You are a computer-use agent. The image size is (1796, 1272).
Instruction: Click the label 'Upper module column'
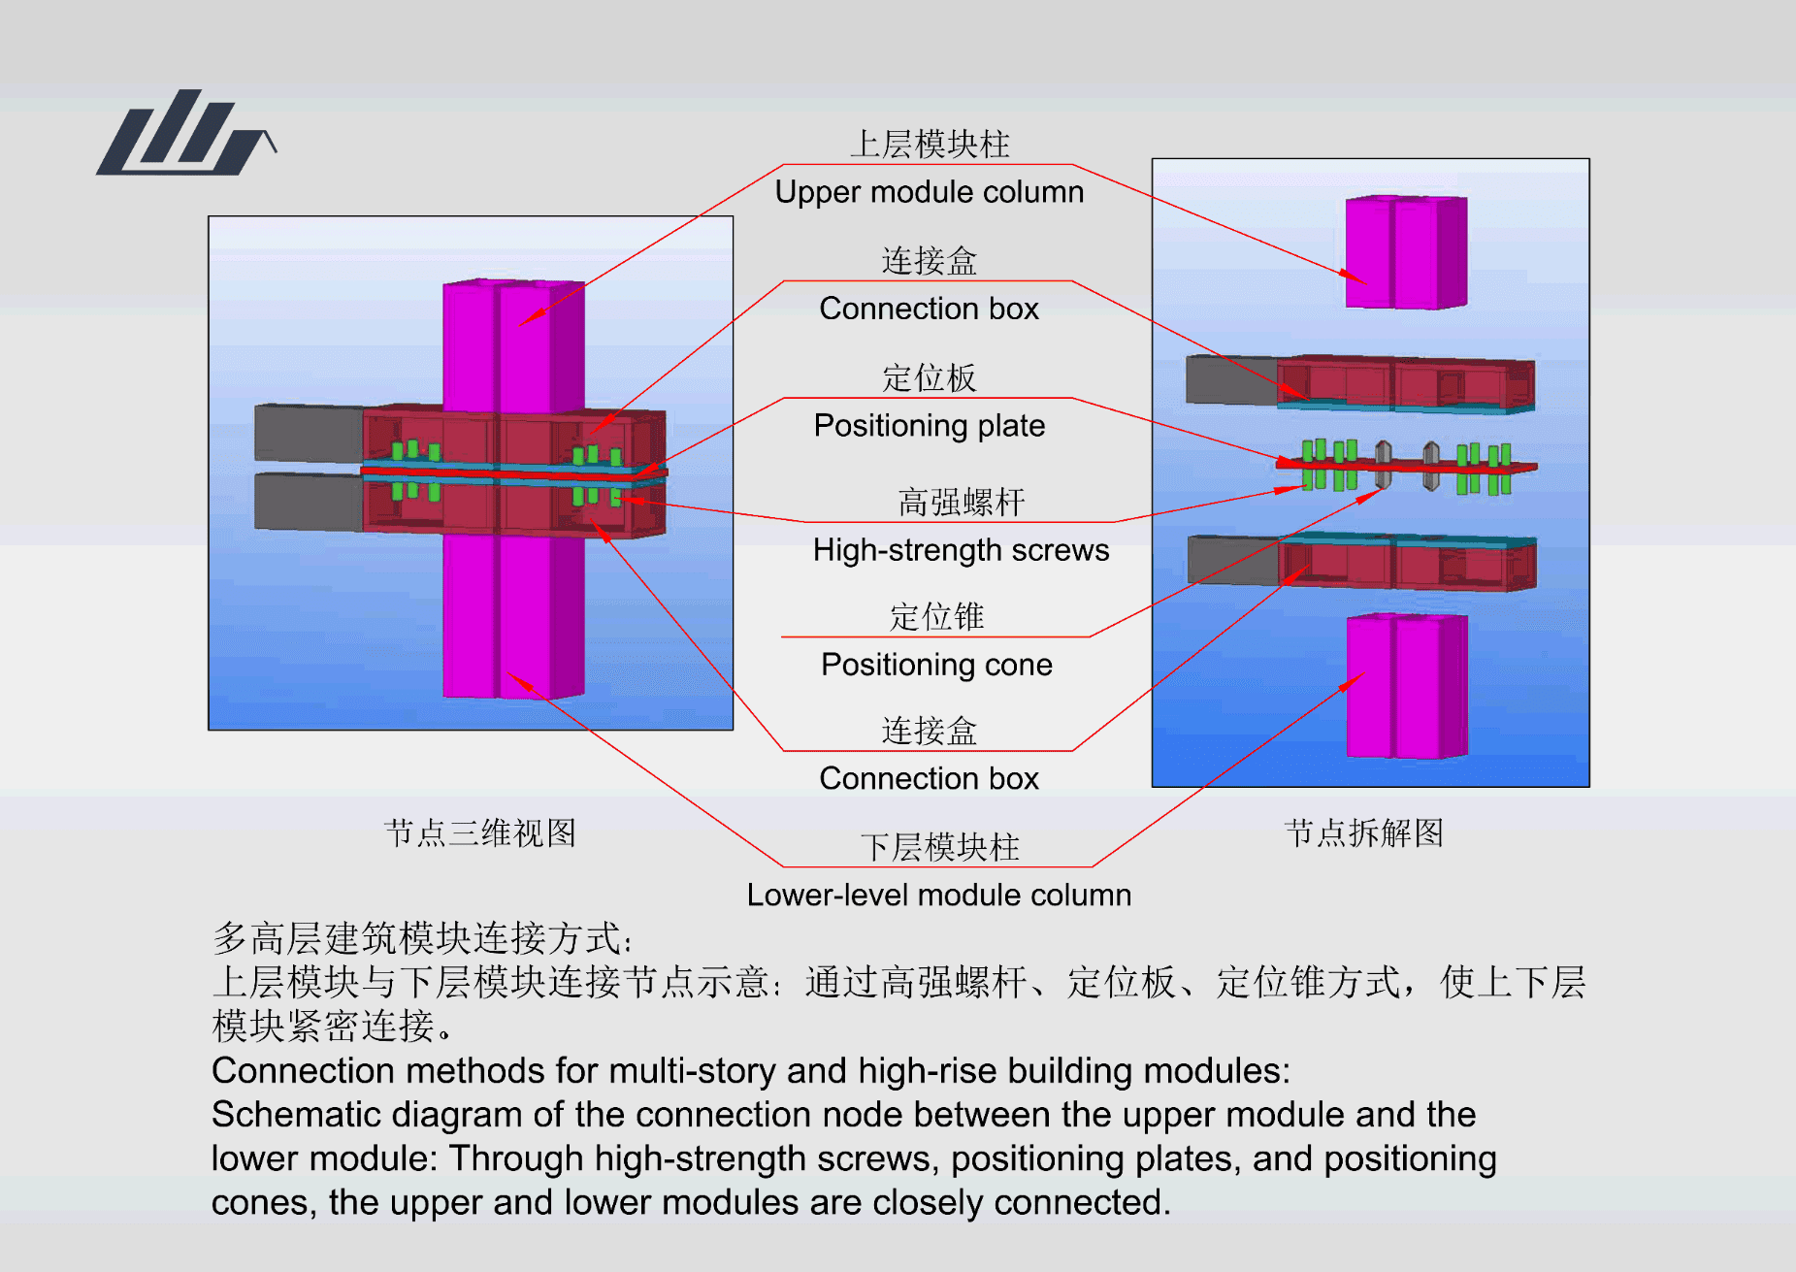(x=929, y=192)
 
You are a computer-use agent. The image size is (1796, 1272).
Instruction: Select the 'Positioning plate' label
(x=929, y=426)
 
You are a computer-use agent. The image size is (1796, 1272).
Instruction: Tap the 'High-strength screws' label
(x=961, y=550)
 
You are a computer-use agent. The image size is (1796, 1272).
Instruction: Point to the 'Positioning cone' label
(x=936, y=665)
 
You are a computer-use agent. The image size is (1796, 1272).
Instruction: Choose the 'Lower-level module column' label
(x=938, y=895)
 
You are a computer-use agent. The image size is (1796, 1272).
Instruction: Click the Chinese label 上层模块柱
(x=930, y=145)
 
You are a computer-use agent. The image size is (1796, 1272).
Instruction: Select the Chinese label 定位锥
(x=936, y=617)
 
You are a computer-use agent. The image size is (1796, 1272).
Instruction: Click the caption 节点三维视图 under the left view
(x=480, y=832)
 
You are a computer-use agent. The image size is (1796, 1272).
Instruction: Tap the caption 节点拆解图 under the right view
(x=1363, y=832)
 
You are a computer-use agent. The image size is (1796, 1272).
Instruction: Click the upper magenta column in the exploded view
(x=1406, y=252)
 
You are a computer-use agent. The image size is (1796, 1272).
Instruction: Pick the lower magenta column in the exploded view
(x=1407, y=686)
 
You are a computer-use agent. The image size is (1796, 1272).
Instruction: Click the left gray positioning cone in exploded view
(x=1384, y=465)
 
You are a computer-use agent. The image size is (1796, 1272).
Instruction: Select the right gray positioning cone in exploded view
(x=1431, y=466)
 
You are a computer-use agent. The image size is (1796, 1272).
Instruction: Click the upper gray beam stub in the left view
(x=309, y=433)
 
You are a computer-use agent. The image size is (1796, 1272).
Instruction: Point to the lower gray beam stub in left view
(x=309, y=502)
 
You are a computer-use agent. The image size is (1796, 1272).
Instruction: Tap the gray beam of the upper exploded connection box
(x=1231, y=379)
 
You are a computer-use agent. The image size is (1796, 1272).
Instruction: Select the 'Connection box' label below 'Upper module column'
(x=929, y=309)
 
